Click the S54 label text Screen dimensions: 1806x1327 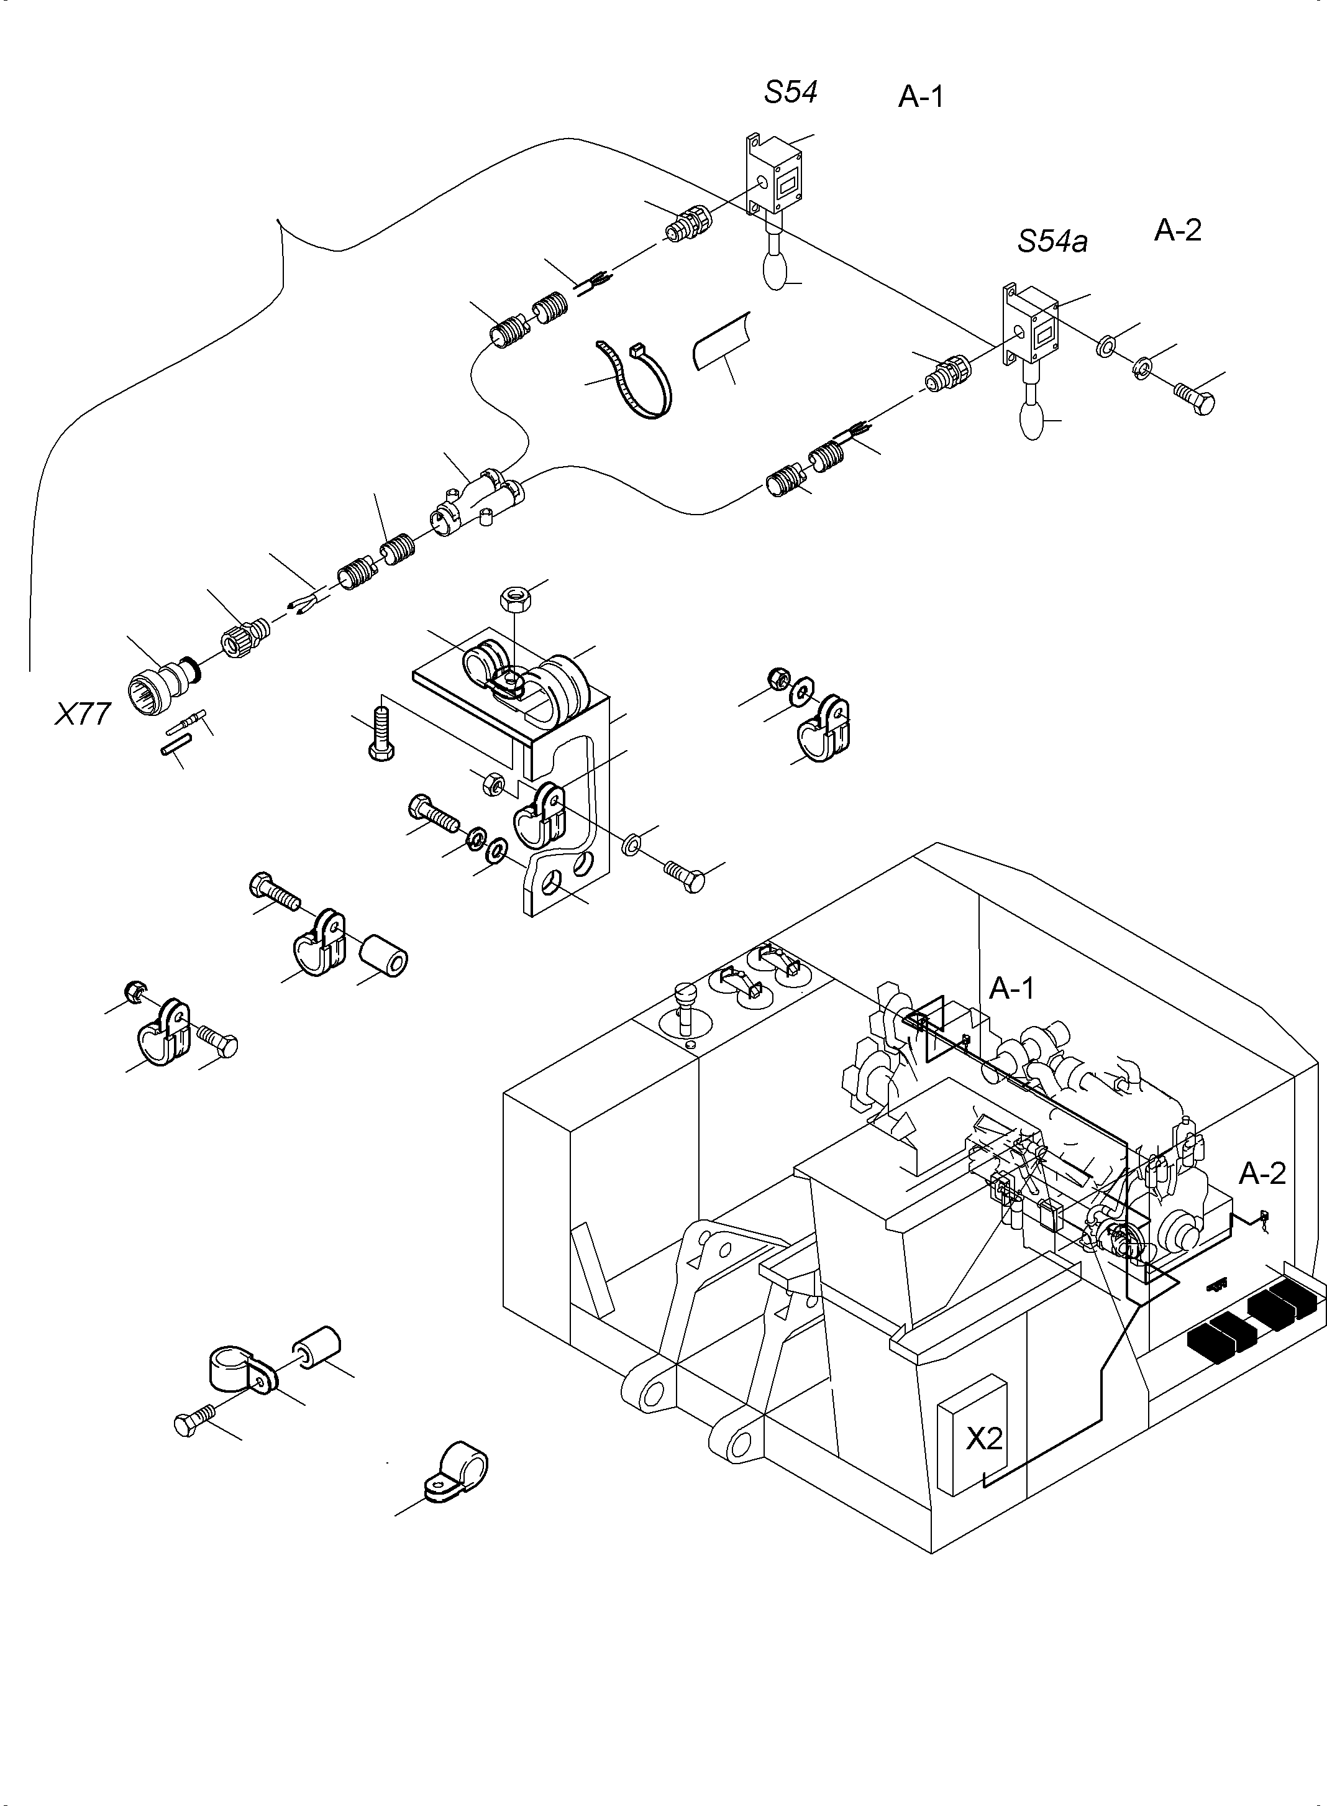point(790,93)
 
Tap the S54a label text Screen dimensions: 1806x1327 point(1052,241)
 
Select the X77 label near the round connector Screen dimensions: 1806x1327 point(82,713)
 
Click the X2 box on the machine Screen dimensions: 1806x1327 point(983,1437)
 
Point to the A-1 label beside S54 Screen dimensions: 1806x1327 point(921,97)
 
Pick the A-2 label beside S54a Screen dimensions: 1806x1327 point(1178,231)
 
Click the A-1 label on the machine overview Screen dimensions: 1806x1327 point(1011,988)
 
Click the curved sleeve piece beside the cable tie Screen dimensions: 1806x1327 point(719,343)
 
